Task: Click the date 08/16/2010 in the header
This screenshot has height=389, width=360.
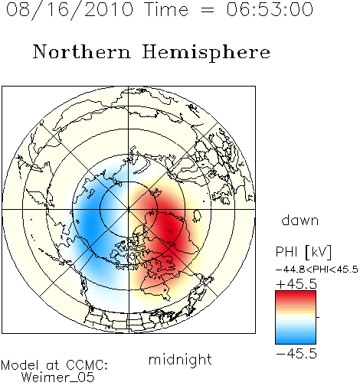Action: (x=70, y=9)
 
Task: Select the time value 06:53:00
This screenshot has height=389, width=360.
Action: (x=270, y=9)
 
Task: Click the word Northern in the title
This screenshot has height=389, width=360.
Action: (x=82, y=51)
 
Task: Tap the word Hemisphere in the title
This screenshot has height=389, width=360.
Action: (x=206, y=52)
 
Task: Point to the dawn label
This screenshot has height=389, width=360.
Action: (x=300, y=220)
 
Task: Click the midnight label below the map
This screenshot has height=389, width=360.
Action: (x=180, y=359)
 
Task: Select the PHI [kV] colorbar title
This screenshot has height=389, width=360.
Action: (x=303, y=252)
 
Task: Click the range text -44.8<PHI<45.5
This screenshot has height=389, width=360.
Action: (x=317, y=270)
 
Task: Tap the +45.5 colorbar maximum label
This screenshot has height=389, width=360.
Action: (x=296, y=284)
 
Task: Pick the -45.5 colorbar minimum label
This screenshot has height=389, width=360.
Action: (x=296, y=354)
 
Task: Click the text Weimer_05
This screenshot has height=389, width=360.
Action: (x=58, y=378)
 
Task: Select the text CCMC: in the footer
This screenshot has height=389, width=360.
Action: (x=87, y=365)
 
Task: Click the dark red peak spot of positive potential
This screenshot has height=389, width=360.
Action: (x=170, y=230)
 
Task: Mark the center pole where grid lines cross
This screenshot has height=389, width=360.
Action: (x=129, y=209)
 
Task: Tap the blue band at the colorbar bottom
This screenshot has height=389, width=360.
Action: (x=296, y=340)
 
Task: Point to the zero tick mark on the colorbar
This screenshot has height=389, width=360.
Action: (x=318, y=317)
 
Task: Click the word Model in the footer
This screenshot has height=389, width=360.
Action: (x=20, y=365)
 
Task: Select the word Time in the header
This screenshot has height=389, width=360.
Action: (x=166, y=9)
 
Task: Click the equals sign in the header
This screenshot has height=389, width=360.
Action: (x=208, y=10)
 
